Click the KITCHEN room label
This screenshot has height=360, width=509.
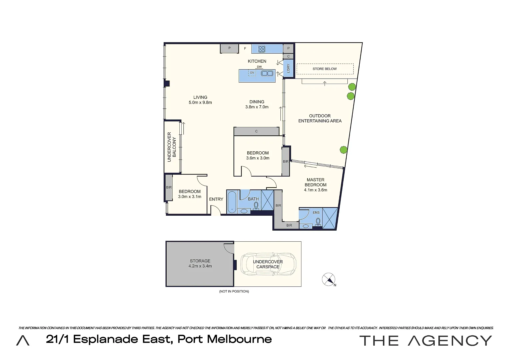coord(257,61)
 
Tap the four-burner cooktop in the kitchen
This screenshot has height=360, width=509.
coord(262,49)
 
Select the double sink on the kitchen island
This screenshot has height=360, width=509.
coord(267,73)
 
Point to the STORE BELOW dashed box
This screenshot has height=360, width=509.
coord(325,69)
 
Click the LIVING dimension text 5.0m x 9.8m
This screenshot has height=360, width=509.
coord(200,103)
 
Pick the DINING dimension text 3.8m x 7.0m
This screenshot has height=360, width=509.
coord(257,107)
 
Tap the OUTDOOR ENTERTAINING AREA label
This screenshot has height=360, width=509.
coord(320,118)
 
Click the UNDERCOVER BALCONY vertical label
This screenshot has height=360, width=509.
coord(171,147)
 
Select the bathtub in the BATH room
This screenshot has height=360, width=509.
coord(232,201)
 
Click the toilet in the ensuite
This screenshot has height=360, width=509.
coord(318,222)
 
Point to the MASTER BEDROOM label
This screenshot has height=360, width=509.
coord(315,182)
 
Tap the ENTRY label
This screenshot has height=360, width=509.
coord(216,199)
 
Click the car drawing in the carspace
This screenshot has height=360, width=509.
coord(268,264)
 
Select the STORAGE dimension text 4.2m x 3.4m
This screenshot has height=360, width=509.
coord(200,266)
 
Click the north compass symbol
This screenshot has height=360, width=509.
coord(329,279)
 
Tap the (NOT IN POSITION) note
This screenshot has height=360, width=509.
coord(234,291)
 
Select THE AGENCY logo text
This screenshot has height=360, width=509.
coord(425,341)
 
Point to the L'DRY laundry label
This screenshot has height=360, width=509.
coord(288,68)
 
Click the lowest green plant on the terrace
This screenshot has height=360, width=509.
coord(343,150)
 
